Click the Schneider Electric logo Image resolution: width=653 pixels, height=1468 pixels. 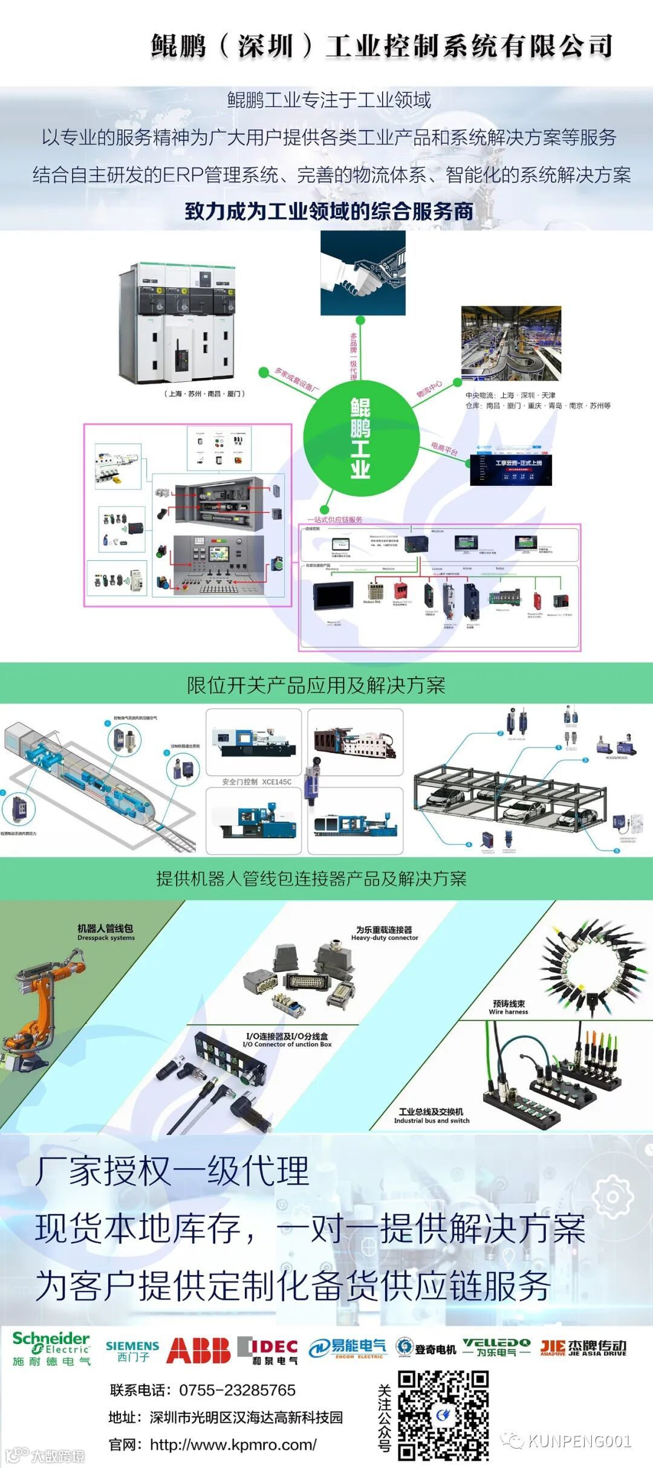point(51,1348)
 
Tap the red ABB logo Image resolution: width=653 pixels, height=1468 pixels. point(198,1350)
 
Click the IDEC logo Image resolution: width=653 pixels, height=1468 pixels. point(267,1350)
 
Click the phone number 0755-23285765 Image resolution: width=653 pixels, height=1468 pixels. point(237,1390)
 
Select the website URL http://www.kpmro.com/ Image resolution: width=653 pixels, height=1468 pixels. point(233,1445)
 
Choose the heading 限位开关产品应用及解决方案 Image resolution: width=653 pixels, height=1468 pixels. point(316,685)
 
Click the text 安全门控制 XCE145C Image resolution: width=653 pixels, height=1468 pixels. point(256,782)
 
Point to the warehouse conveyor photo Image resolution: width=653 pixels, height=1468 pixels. point(511,343)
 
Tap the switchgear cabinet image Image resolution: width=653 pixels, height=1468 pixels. point(177,323)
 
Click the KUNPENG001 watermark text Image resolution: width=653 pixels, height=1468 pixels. point(579,1441)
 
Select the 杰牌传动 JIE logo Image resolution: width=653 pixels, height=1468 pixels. point(583,1348)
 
